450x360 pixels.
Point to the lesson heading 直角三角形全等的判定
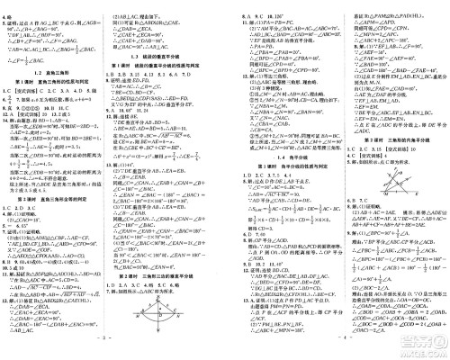point(58,184)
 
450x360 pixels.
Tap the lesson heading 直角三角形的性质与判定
point(58,84)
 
